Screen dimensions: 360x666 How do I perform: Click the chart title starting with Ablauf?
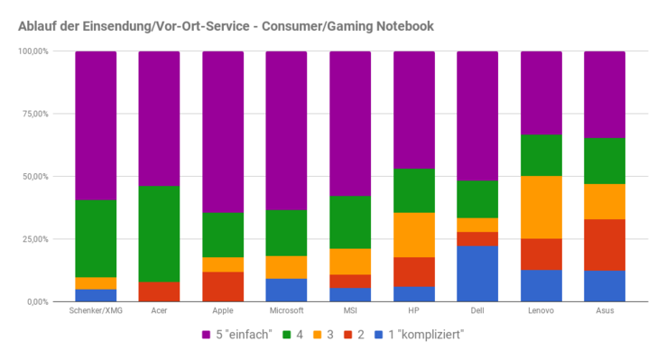tap(226, 25)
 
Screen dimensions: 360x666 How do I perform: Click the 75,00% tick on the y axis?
tap(32, 114)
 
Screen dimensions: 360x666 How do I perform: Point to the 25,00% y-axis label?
tap(32, 239)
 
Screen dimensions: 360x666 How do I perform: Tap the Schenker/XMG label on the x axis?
tap(95, 312)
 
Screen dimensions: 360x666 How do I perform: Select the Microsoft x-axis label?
tap(287, 312)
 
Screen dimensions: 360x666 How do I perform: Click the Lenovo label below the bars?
tap(541, 312)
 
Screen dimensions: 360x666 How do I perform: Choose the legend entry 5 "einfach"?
tap(235, 337)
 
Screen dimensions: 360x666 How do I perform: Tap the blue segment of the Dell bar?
tap(477, 273)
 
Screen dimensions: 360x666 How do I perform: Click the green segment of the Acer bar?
tap(159, 234)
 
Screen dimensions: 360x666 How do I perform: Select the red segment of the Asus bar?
tap(605, 245)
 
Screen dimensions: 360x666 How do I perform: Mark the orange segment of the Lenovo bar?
tap(541, 207)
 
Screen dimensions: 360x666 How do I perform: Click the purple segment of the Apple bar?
tap(223, 132)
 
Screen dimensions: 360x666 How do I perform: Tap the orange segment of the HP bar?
tap(414, 235)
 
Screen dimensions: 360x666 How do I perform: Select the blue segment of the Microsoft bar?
tap(287, 290)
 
